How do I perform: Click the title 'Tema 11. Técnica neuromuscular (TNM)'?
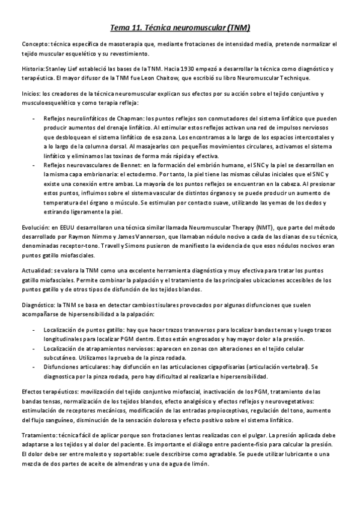pos(180,28)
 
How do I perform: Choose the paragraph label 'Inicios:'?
pos(31,94)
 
